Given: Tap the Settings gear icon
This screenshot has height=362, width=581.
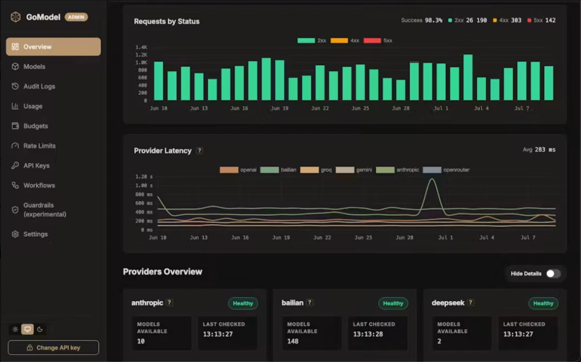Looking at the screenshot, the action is [x=15, y=234].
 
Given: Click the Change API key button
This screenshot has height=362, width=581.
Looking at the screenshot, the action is [x=53, y=347].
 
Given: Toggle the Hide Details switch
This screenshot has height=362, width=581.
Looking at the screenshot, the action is [x=553, y=273].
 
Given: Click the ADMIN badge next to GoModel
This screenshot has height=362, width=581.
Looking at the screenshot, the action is [x=76, y=17].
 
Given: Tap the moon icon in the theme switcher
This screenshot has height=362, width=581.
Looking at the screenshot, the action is [x=40, y=329].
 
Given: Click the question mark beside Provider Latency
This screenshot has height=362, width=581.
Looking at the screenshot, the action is [x=199, y=151].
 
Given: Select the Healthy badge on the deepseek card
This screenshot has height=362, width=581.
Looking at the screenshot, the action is [x=543, y=303].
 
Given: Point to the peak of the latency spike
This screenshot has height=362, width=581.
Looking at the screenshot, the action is [x=432, y=179].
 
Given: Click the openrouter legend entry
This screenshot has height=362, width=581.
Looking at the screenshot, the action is [x=446, y=170].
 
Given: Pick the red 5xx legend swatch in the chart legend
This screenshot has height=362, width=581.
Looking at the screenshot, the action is [x=372, y=41].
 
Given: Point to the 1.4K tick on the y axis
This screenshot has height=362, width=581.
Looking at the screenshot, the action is [x=141, y=47].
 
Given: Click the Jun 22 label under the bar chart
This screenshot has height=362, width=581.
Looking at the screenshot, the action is [x=320, y=108].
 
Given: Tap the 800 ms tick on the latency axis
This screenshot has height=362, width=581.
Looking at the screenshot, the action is [x=144, y=194].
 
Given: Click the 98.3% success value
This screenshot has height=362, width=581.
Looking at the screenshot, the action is [x=433, y=20].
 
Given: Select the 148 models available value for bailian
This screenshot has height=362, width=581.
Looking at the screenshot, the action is [x=293, y=341].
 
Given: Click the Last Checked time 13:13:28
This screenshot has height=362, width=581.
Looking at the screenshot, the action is [x=368, y=334].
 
